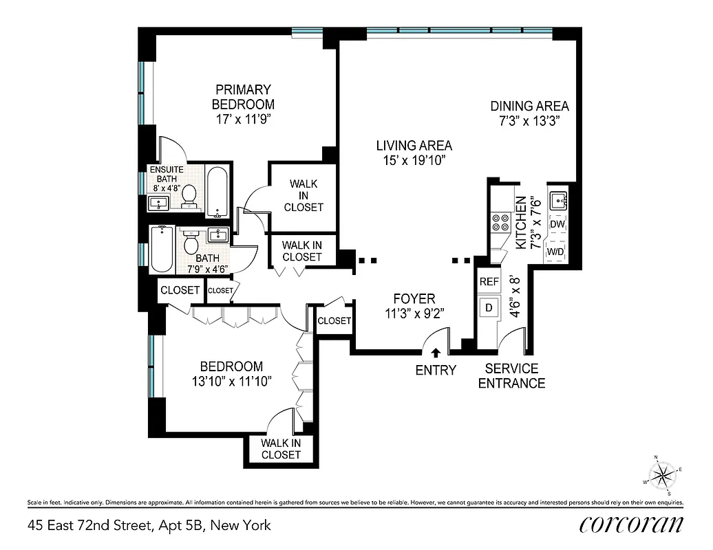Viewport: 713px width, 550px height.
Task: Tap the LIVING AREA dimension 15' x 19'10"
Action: coord(414,160)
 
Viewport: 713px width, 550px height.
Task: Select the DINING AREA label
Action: coord(529,106)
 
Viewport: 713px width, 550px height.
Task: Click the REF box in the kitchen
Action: coord(489,281)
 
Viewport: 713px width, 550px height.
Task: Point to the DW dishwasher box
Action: coord(557,224)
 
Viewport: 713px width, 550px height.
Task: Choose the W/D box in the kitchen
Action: coord(556,252)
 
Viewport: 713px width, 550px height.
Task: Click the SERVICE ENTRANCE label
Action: coord(511,376)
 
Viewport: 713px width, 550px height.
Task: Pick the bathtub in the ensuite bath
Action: coord(217,190)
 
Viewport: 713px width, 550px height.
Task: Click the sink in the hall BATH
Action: coord(219,236)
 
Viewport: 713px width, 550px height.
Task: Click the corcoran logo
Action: coord(631,524)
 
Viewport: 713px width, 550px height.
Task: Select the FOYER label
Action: coord(414,298)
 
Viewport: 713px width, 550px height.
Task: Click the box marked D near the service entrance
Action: coord(489,307)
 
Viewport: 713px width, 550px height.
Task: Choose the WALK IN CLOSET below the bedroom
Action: coord(280,449)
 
